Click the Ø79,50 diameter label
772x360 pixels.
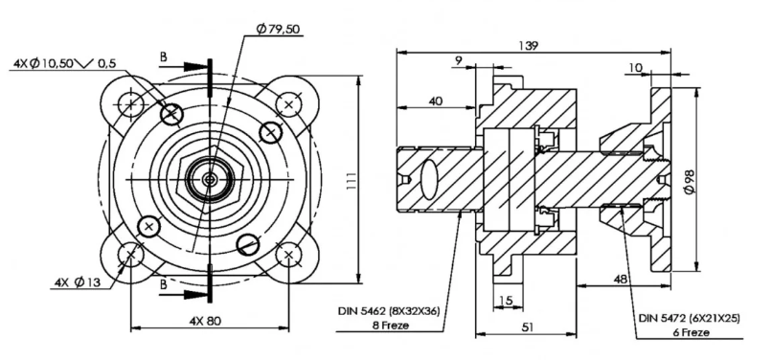point(278,30)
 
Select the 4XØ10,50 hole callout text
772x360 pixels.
point(43,63)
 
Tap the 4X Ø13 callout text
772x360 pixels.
point(78,282)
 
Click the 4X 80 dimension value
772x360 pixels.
point(205,321)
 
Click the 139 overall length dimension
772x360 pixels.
point(529,45)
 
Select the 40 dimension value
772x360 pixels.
point(436,101)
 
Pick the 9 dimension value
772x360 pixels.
point(459,60)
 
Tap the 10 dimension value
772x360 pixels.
point(636,68)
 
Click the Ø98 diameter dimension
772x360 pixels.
point(689,181)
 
